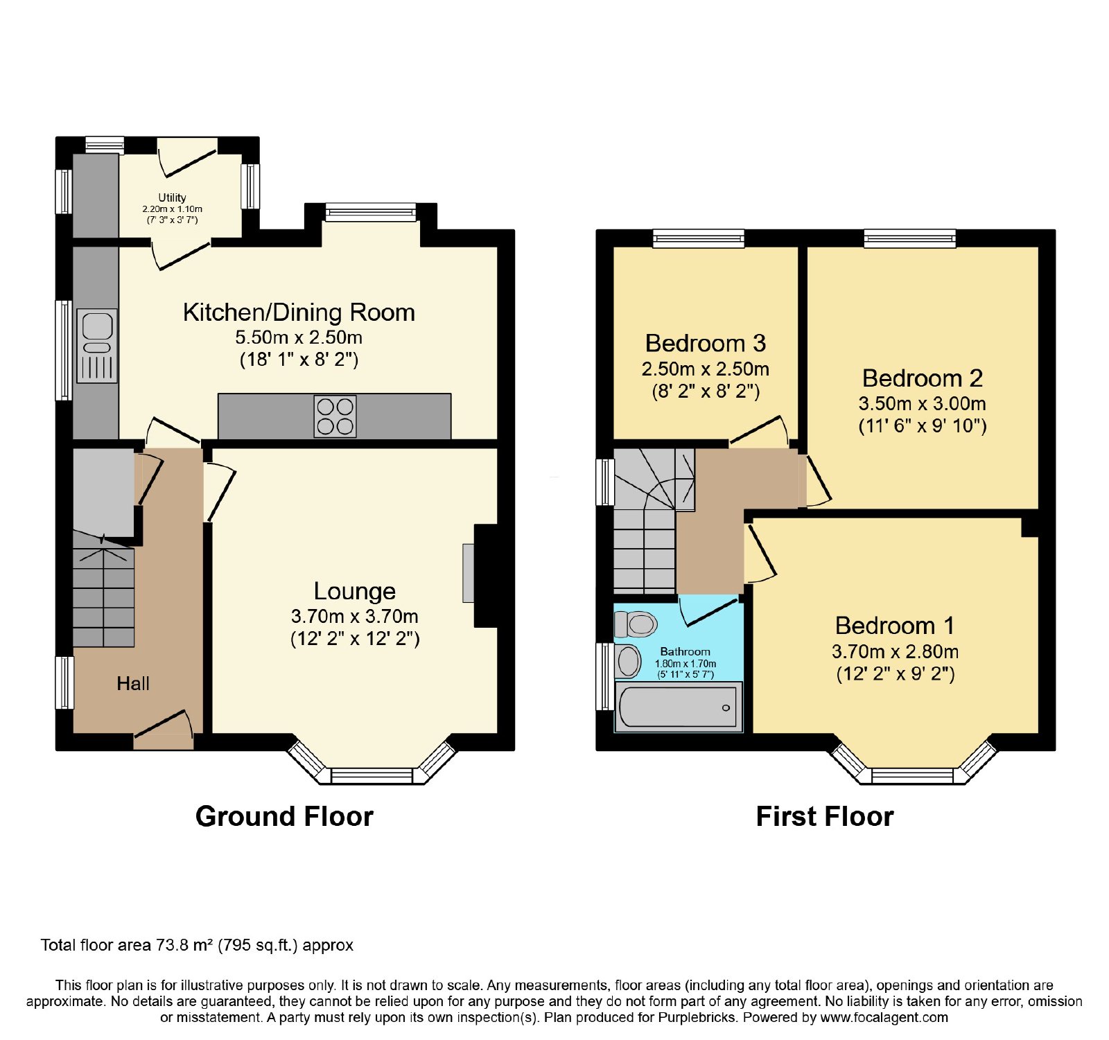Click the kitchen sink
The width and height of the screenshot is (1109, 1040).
[97, 346]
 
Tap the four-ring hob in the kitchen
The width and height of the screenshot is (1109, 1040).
[335, 416]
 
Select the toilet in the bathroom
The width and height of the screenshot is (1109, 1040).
[636, 624]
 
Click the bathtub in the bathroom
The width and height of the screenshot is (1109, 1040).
[679, 707]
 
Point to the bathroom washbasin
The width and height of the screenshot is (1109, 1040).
[628, 660]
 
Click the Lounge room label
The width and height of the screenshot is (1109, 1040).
[355, 591]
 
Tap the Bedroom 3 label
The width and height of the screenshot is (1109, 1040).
[706, 343]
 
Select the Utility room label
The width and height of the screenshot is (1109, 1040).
[172, 197]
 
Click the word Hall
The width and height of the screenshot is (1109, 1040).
[133, 684]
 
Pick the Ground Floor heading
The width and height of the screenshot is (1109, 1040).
[284, 816]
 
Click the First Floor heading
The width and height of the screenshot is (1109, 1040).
[825, 816]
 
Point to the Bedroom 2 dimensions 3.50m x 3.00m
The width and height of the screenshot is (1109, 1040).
[922, 403]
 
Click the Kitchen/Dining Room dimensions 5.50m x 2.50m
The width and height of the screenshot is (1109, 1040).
[299, 337]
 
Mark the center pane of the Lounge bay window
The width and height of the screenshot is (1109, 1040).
[372, 776]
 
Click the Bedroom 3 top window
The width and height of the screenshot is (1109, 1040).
[699, 238]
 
